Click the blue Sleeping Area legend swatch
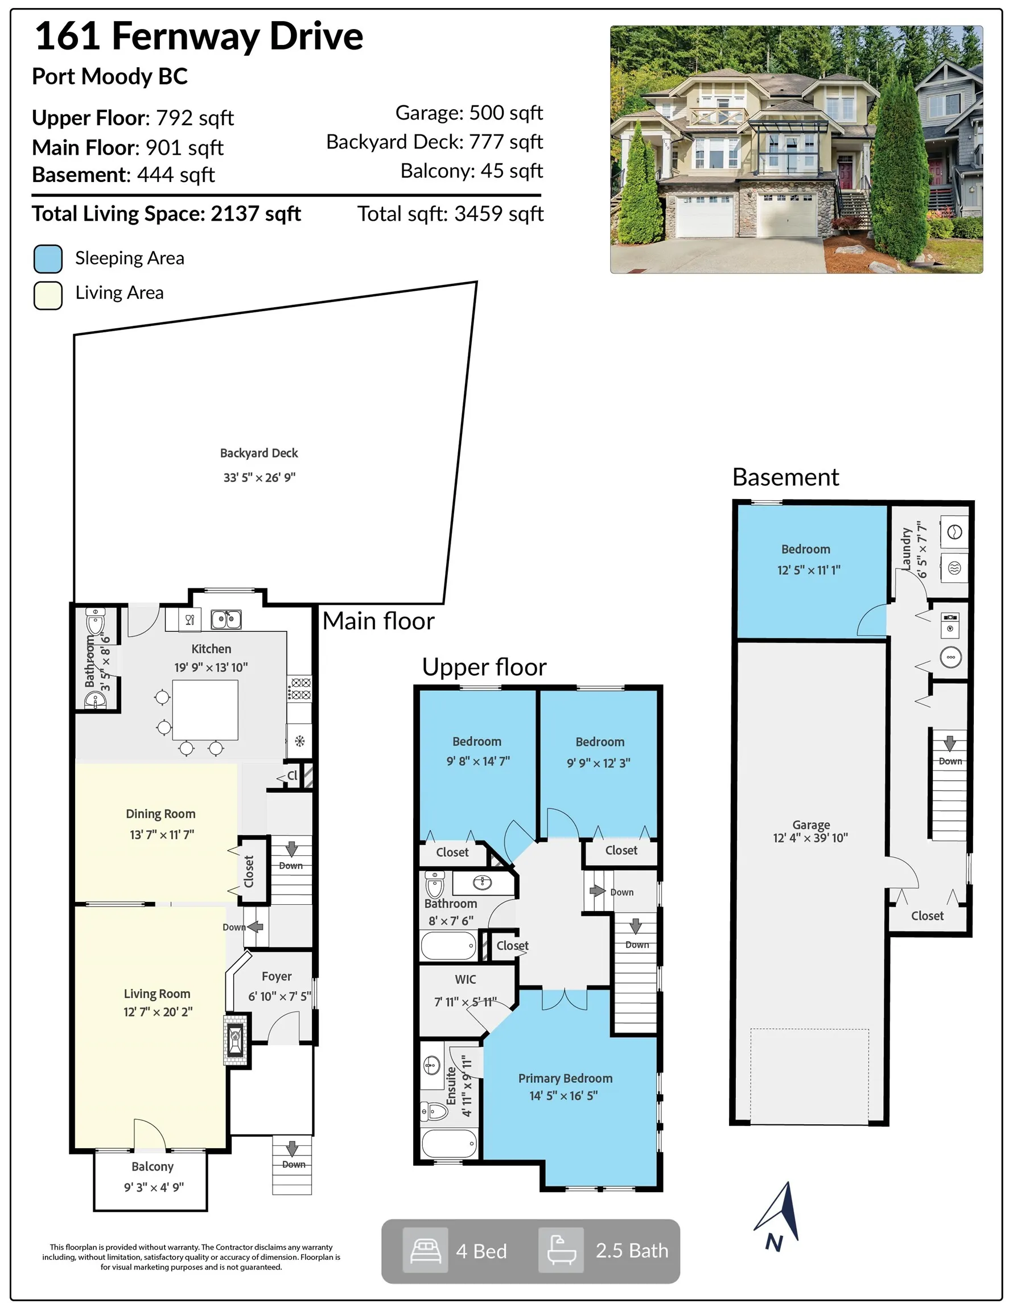(x=48, y=259)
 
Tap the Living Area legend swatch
(x=48, y=295)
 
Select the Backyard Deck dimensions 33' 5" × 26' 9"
(x=260, y=477)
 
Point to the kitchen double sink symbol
(x=227, y=619)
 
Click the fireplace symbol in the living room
(x=236, y=1040)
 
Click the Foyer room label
(x=277, y=976)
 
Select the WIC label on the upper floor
(x=466, y=979)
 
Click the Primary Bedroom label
(x=565, y=1078)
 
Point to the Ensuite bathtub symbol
(x=449, y=1144)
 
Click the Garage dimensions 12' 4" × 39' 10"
(x=810, y=838)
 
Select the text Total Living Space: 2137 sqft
(x=166, y=214)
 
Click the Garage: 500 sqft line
(x=468, y=113)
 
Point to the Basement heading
(x=785, y=477)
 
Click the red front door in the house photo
(x=845, y=173)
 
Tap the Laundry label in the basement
(x=906, y=549)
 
